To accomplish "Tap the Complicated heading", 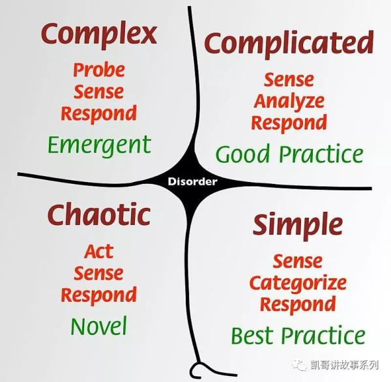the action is coord(289,43).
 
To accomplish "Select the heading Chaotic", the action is coord(99,214).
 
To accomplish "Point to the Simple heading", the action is coord(298,226).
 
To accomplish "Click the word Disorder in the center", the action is coord(192,181).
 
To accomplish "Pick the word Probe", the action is coord(99,70).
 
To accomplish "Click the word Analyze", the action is coord(289,101).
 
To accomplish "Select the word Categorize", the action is coord(298,284).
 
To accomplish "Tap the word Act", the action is coord(99,251).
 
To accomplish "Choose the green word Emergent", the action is coord(99,145).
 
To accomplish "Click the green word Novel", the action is coord(99,326).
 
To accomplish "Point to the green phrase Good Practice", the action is coord(289,154).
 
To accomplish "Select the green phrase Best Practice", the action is coord(298,335).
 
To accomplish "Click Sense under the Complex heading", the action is coord(99,91).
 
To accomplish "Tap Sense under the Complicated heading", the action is coord(289,80).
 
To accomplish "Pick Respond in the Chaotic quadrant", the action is coord(99,295).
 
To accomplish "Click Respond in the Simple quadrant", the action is coord(298,304).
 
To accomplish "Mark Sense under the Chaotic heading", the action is coord(98,273).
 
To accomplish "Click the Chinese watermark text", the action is coord(344,365).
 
